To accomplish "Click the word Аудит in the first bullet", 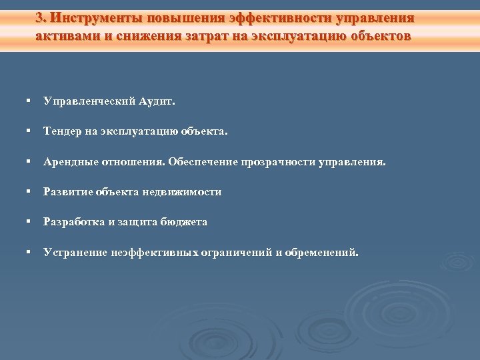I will click(x=157, y=102).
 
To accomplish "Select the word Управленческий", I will click(x=90, y=102).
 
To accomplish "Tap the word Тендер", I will click(x=63, y=132).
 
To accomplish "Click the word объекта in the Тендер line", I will click(x=203, y=132).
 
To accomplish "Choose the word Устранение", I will click(x=74, y=253).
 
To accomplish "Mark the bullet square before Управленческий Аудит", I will click(x=29, y=101).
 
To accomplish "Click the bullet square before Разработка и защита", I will click(x=29, y=221).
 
